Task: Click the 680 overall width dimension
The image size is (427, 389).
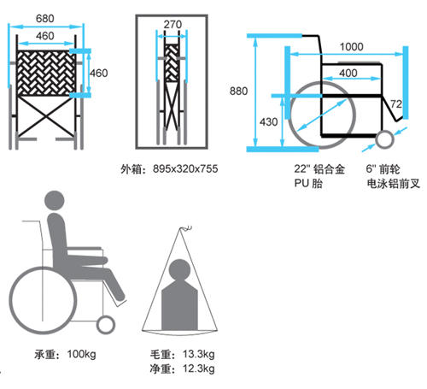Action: [x=45, y=19]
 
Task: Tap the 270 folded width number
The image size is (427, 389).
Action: [x=173, y=25]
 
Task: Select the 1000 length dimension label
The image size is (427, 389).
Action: [x=352, y=47]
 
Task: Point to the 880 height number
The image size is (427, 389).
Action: [x=238, y=91]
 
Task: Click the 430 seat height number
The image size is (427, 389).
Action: [x=268, y=122]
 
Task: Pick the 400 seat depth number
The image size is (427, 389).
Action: [x=348, y=74]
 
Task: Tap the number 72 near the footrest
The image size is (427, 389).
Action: [x=396, y=104]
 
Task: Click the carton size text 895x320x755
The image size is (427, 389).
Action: [x=185, y=168]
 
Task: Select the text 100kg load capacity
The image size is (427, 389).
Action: [x=81, y=354]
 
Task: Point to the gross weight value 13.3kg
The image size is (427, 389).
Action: [x=198, y=354]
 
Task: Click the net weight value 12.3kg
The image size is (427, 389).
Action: [x=198, y=368]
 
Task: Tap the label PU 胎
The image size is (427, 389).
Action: [x=308, y=183]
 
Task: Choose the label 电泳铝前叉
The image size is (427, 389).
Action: [x=394, y=183]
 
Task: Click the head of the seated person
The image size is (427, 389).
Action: [x=55, y=201]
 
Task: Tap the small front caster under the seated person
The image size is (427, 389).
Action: [x=106, y=325]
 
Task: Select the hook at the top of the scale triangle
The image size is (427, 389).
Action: [x=186, y=228]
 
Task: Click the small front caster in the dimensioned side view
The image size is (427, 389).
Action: [x=384, y=139]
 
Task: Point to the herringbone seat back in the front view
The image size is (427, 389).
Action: [x=45, y=73]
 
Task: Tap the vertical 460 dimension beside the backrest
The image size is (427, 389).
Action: [x=99, y=74]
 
